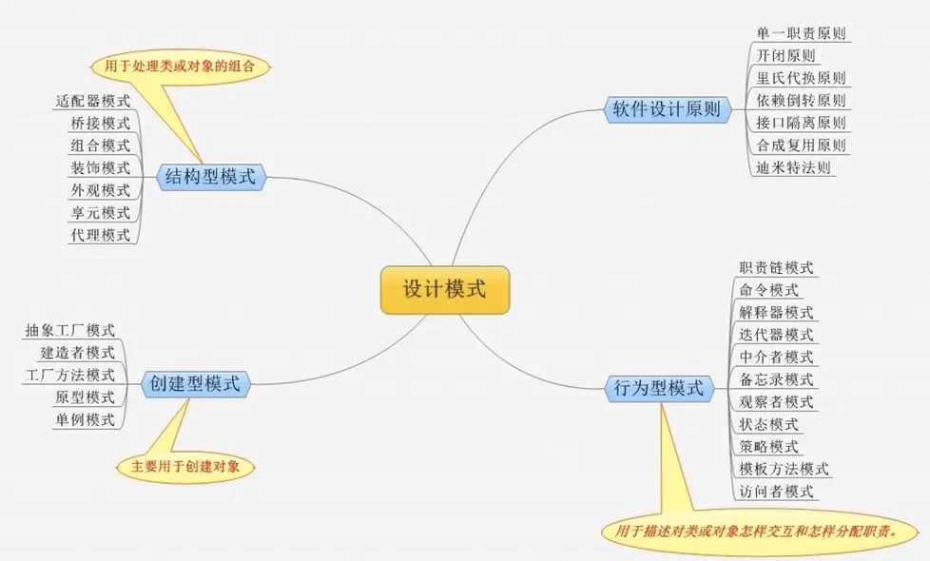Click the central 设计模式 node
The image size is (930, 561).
(445, 289)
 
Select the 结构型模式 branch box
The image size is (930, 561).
(211, 176)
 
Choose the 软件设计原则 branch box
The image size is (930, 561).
(665, 109)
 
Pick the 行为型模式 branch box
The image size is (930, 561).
(658, 388)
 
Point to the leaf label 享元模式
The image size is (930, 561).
(100, 212)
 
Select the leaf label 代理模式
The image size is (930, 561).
(100, 235)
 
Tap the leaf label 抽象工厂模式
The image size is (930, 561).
(69, 330)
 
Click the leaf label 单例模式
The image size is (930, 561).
(85, 419)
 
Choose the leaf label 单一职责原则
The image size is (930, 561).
(801, 33)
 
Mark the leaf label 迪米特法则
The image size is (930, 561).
(794, 168)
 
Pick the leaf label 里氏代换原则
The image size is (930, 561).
(801, 78)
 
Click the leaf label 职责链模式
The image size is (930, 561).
(776, 268)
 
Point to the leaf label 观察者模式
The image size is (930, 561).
(776, 402)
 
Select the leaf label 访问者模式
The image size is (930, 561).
(776, 492)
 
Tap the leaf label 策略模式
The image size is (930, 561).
(768, 447)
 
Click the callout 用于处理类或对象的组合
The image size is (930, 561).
(181, 67)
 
